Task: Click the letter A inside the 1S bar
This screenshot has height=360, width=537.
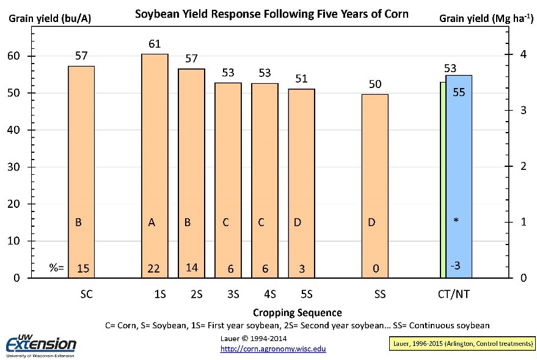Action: pyautogui.click(x=152, y=222)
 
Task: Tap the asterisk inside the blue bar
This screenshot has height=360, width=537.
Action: pyautogui.click(x=456, y=221)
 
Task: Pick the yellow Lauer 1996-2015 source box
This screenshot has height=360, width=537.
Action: pyautogui.click(x=461, y=344)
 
